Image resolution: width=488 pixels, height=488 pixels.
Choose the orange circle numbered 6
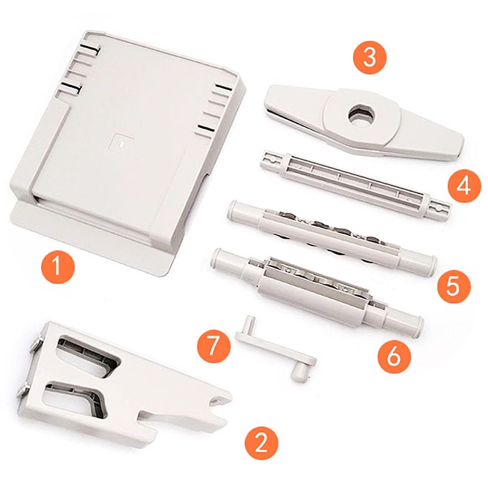(394, 357)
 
